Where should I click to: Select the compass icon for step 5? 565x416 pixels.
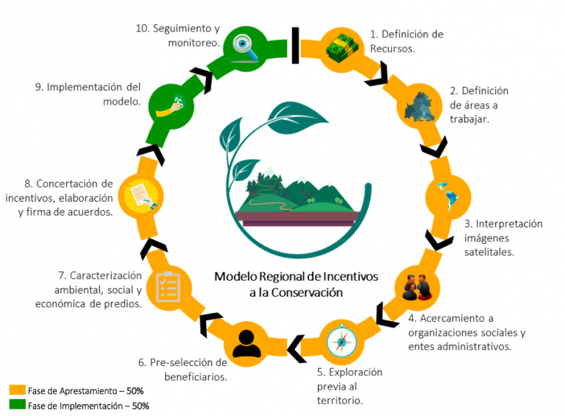(341, 341)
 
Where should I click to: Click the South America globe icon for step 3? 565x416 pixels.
(447, 196)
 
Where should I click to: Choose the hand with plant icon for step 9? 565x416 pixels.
(170, 106)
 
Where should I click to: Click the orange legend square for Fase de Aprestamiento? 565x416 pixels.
(16, 389)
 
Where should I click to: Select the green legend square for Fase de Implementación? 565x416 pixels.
(16, 404)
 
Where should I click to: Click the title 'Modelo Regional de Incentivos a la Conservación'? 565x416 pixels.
(296, 283)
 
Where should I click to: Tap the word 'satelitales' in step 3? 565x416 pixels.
(488, 251)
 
